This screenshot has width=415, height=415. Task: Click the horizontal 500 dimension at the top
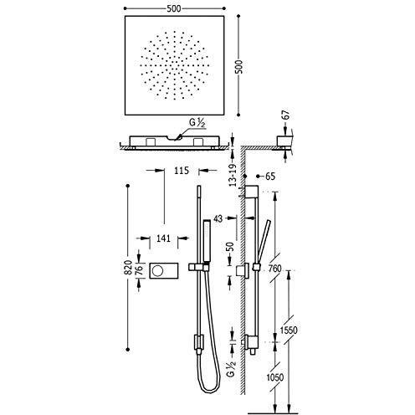[174, 8]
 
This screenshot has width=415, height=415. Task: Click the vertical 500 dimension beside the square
[239, 67]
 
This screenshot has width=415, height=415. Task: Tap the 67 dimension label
[286, 115]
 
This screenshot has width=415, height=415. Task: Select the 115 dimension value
[182, 170]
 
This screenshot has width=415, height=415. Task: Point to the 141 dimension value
[163, 238]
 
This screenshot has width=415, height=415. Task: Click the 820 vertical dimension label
[128, 267]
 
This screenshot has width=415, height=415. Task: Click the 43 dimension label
[218, 218]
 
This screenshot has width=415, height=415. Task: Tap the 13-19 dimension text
[233, 175]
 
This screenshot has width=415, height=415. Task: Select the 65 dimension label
[270, 177]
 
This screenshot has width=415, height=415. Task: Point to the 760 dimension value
[275, 269]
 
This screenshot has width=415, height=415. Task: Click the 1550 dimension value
[289, 330]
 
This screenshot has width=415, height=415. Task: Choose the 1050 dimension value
[275, 377]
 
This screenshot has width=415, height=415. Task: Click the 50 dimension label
[230, 248]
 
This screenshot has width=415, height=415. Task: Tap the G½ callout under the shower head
[197, 123]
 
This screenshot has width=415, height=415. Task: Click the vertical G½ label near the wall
[232, 368]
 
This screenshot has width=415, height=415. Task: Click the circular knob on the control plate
[157, 270]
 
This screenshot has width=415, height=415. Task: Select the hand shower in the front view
[207, 241]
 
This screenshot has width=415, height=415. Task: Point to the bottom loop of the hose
[210, 390]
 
